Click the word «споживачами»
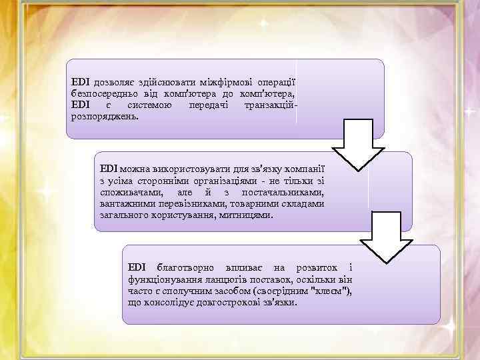point(129,192)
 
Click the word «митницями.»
point(245,216)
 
